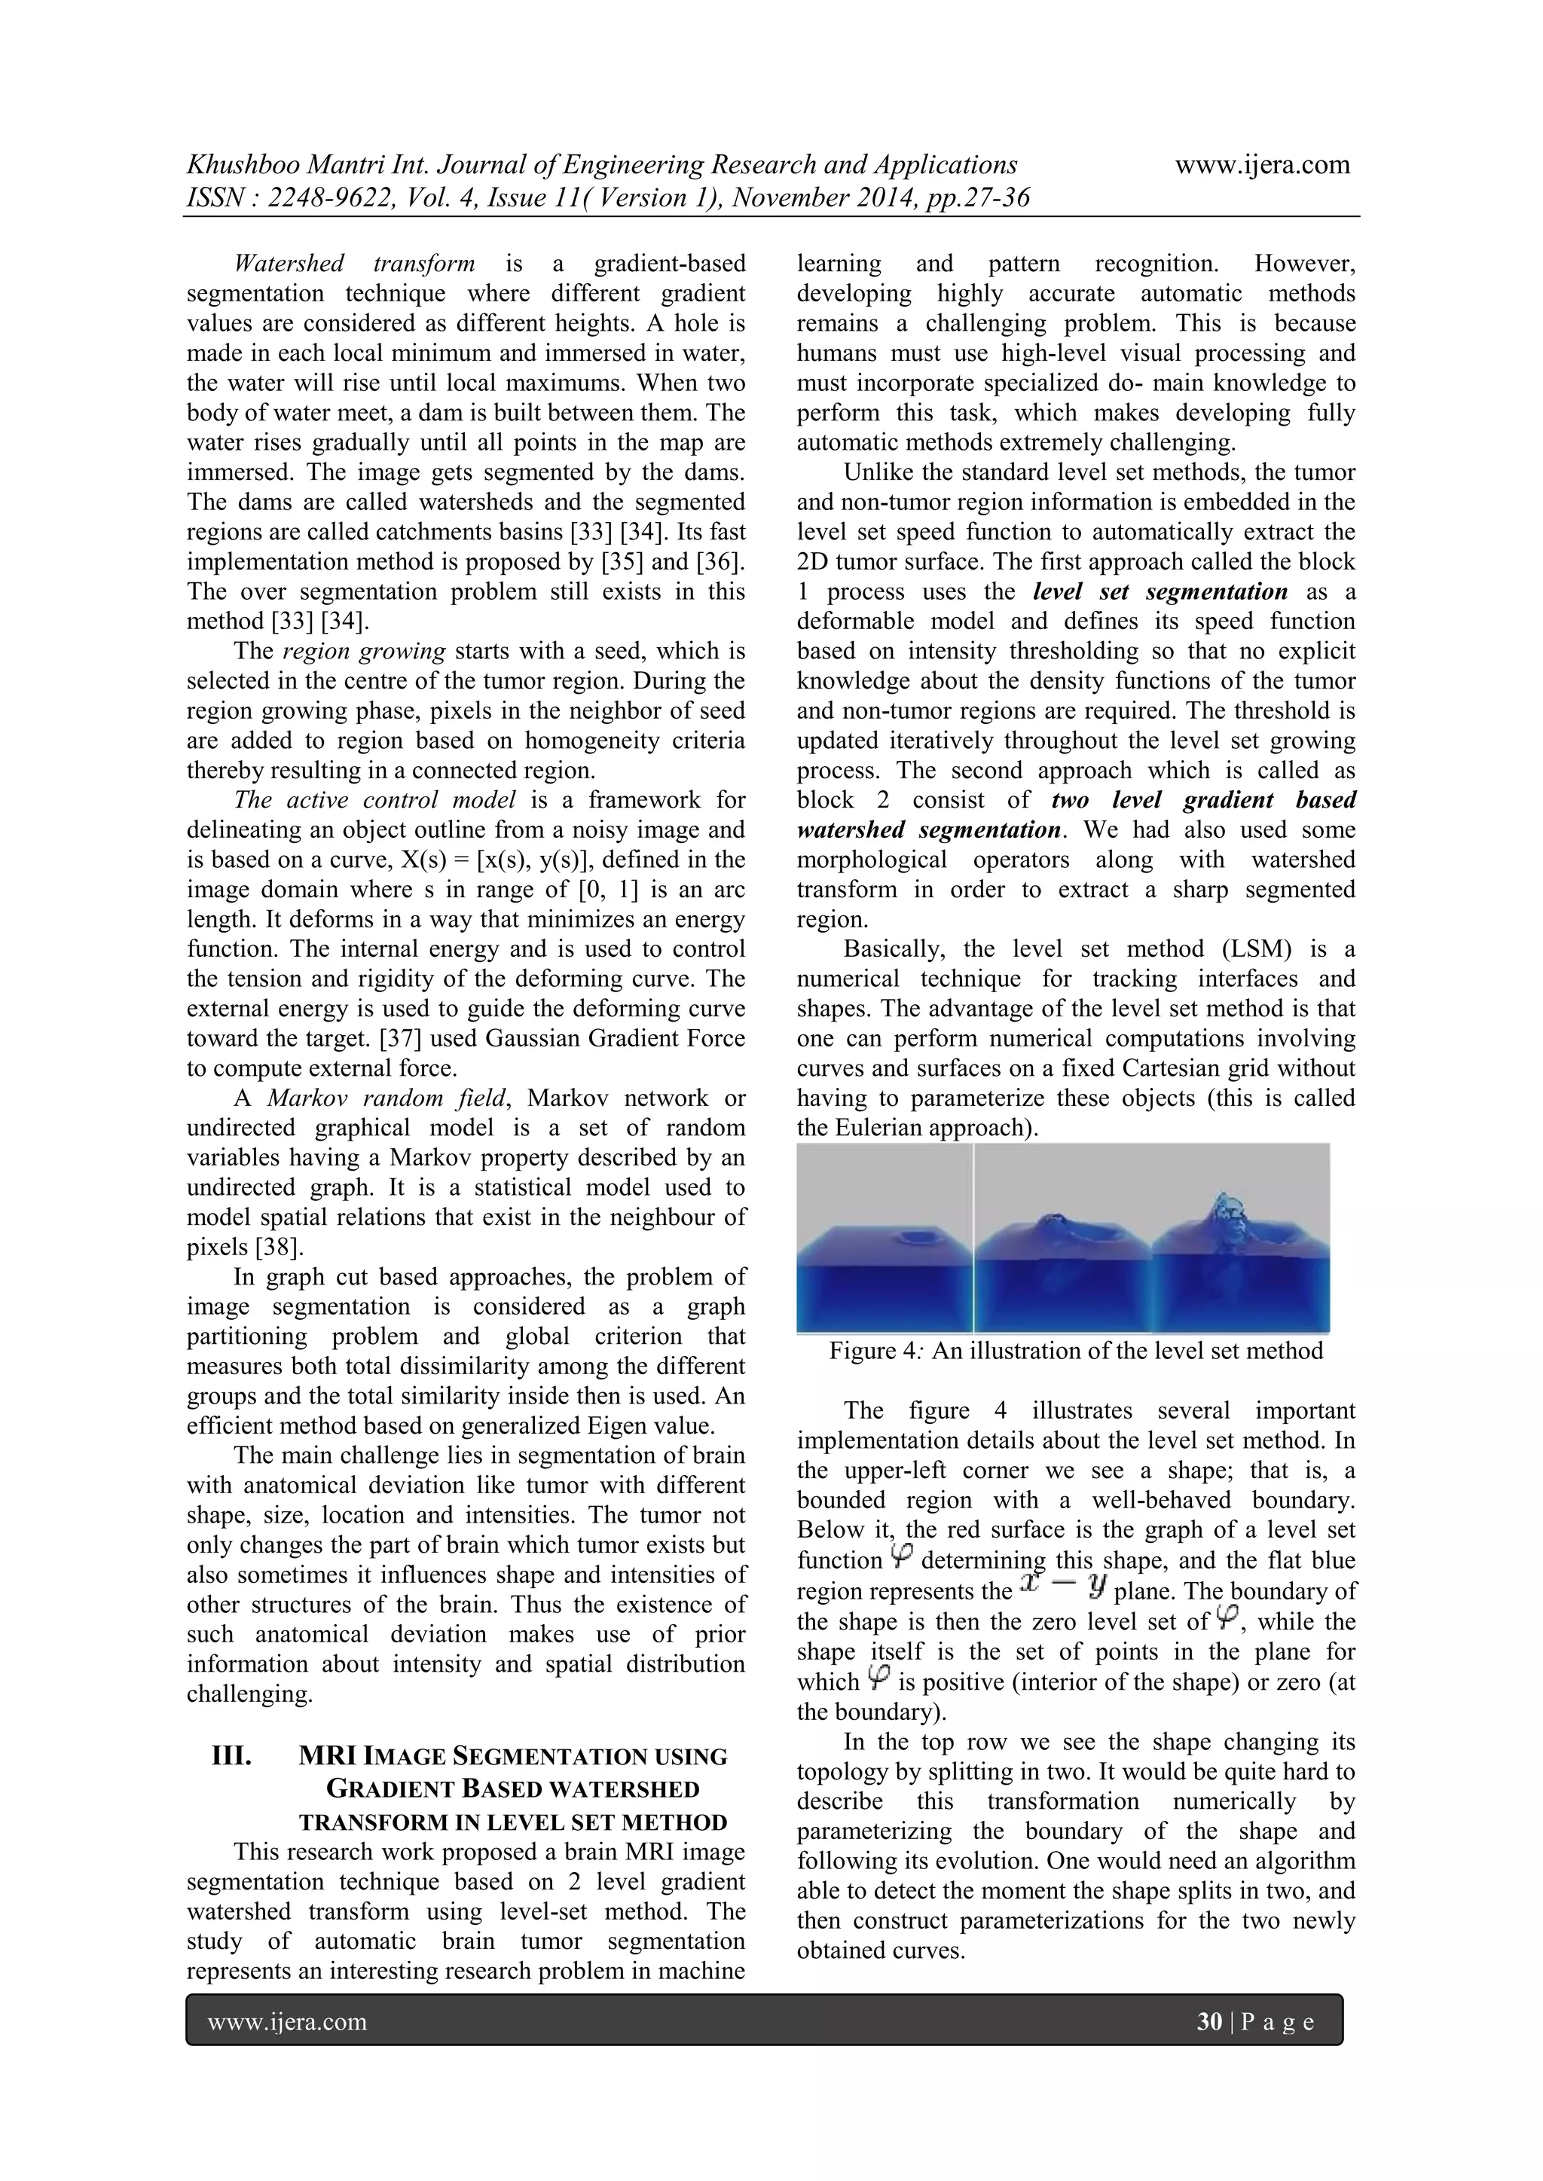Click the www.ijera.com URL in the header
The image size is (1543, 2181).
tap(1262, 165)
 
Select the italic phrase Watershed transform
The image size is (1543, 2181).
tap(353, 263)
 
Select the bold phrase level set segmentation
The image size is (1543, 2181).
tap(1160, 592)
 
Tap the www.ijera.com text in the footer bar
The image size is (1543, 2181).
tap(287, 2021)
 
